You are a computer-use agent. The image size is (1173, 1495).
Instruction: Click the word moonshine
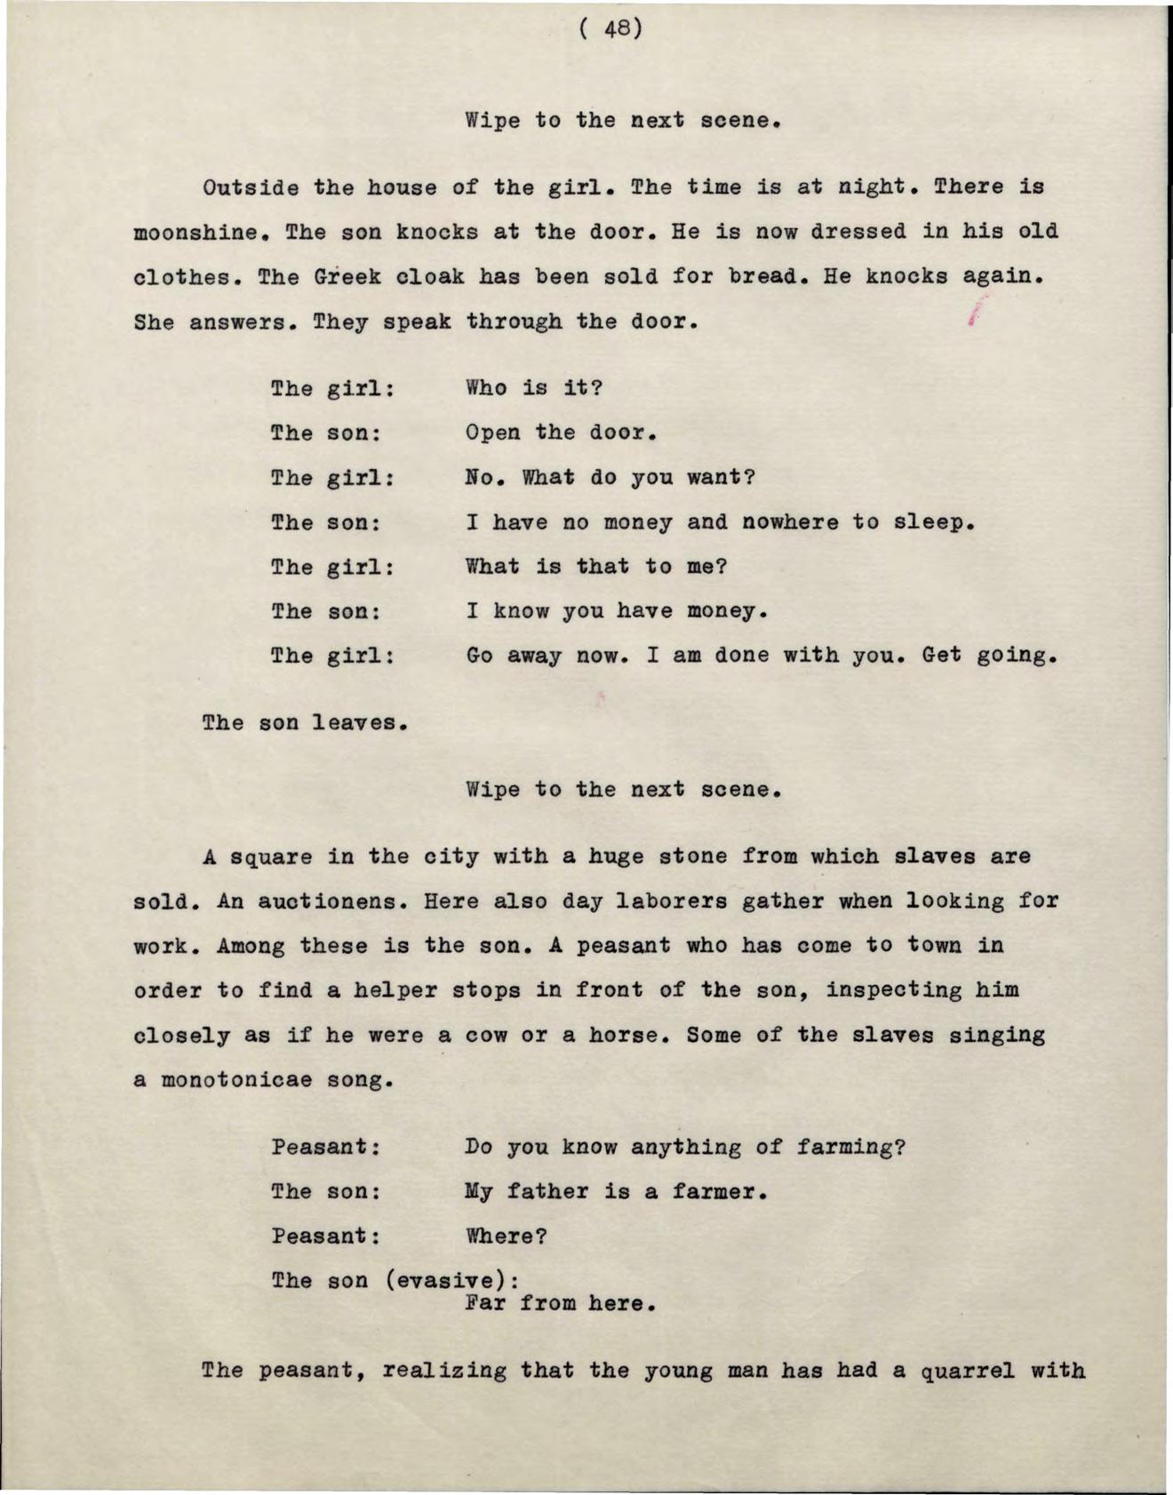(195, 233)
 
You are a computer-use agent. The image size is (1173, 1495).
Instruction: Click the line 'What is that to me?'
(596, 567)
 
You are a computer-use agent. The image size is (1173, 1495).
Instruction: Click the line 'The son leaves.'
(305, 722)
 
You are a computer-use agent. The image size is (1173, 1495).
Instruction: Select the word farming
(850, 1147)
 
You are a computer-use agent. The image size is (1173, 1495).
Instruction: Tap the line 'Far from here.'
(561, 1304)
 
